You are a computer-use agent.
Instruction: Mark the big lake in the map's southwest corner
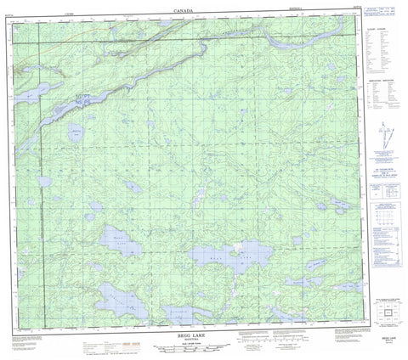point(119,297)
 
